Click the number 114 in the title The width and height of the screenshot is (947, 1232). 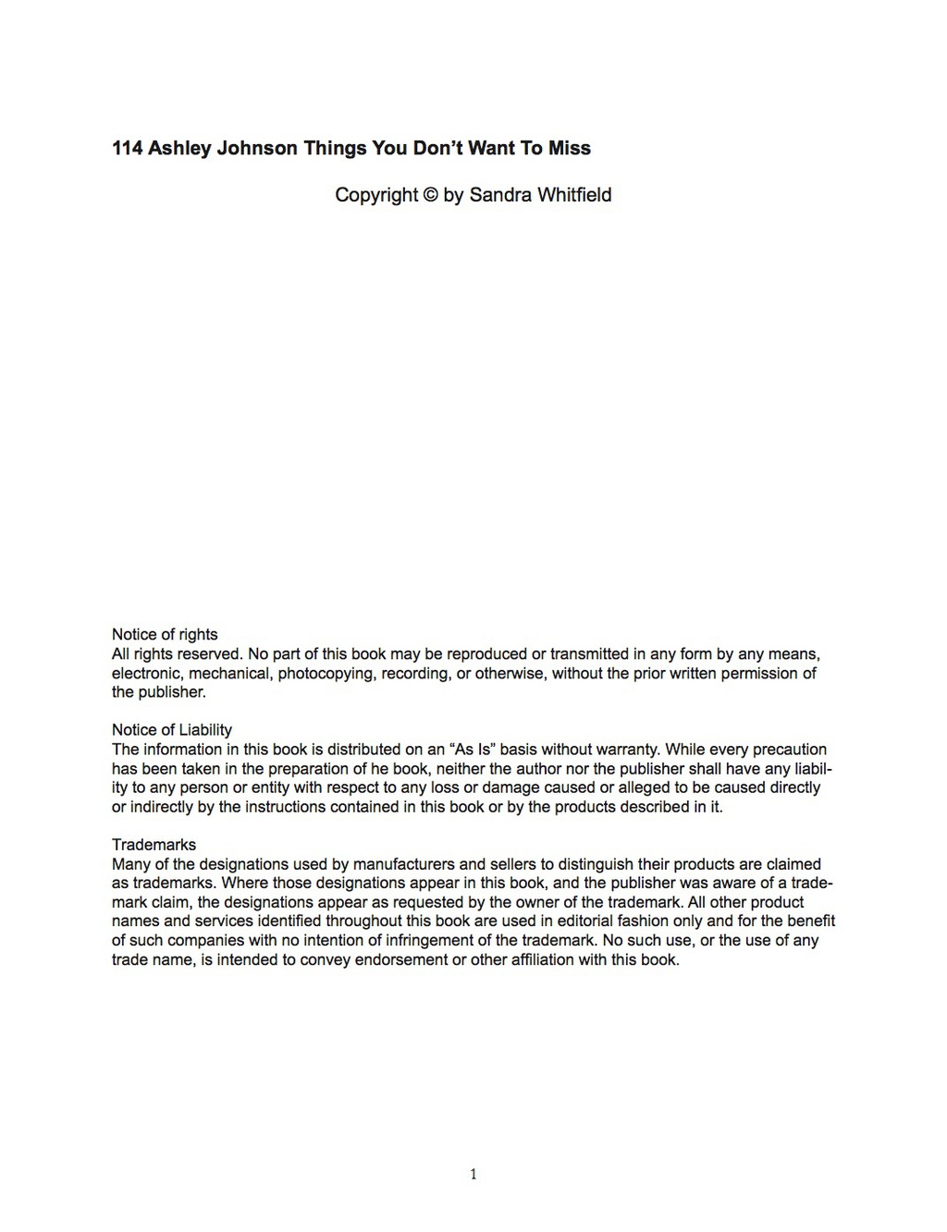click(128, 148)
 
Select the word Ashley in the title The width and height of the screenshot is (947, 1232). click(179, 148)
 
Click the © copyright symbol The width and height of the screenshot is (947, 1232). click(431, 195)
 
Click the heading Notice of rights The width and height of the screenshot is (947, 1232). click(165, 634)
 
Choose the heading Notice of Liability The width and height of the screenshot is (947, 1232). click(172, 730)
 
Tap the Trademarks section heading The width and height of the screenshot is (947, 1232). click(154, 845)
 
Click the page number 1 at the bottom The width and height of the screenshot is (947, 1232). click(473, 1175)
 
